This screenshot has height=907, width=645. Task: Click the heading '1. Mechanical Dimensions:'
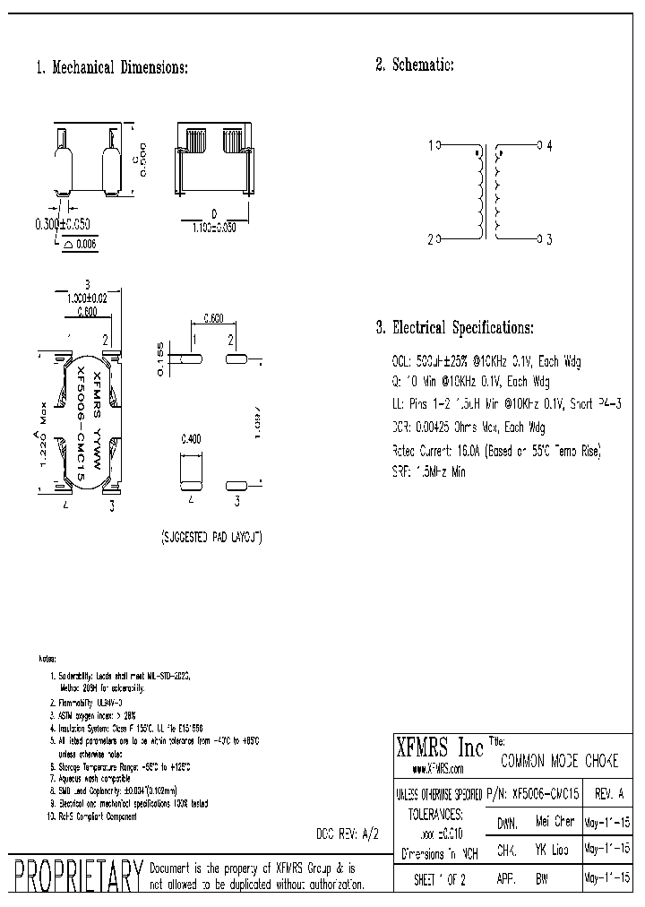coord(112,68)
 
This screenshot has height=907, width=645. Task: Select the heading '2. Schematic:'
coord(415,65)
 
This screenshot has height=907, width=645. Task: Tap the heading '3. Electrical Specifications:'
coord(454,328)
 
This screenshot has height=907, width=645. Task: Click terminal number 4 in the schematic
coord(549,144)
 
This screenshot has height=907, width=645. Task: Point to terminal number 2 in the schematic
coord(431,239)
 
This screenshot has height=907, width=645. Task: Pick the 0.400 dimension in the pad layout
coord(192,439)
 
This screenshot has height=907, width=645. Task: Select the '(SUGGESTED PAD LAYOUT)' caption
coord(211,537)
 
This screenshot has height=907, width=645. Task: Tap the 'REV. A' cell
coord(610,793)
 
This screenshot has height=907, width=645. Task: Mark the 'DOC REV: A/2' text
coord(348,833)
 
